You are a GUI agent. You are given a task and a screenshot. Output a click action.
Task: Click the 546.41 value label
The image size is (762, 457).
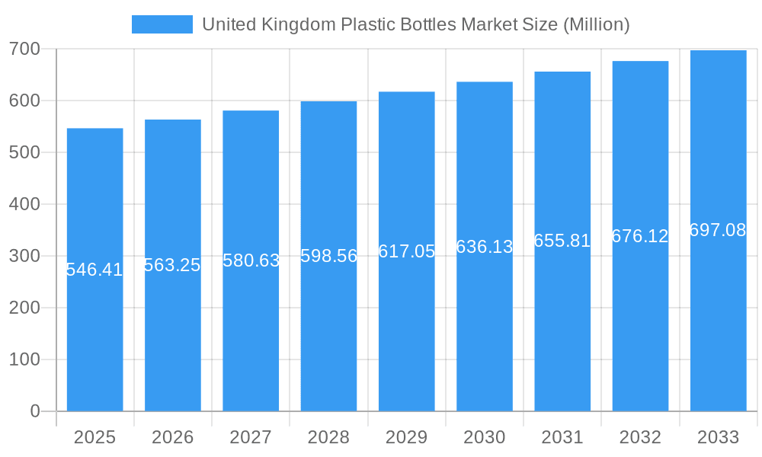pyautogui.click(x=94, y=270)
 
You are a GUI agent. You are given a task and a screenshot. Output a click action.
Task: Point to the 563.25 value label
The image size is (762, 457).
pyautogui.click(x=172, y=265)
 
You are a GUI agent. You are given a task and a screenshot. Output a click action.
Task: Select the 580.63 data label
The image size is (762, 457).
pyautogui.click(x=251, y=260)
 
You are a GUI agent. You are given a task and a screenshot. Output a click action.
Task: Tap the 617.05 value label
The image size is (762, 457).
pyautogui.click(x=407, y=251)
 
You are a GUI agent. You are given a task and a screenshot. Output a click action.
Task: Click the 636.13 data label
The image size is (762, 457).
pyautogui.click(x=485, y=247)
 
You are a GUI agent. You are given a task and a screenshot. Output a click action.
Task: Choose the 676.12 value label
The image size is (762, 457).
pyautogui.click(x=640, y=236)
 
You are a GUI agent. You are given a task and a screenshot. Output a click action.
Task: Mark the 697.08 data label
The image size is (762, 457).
pyautogui.click(x=718, y=230)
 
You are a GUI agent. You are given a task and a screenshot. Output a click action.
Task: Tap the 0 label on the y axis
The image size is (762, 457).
pyautogui.click(x=35, y=411)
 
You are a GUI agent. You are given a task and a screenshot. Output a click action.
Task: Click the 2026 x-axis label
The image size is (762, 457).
pyautogui.click(x=172, y=437)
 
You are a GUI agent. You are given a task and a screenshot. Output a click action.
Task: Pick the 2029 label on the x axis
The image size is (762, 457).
pyautogui.click(x=407, y=437)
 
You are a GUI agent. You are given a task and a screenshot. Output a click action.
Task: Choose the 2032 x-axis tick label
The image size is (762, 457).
pyautogui.click(x=640, y=437)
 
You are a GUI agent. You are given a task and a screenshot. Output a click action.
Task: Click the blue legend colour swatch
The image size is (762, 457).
pyautogui.click(x=162, y=24)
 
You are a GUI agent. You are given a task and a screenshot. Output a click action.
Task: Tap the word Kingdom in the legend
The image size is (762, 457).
pyautogui.click(x=293, y=24)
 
